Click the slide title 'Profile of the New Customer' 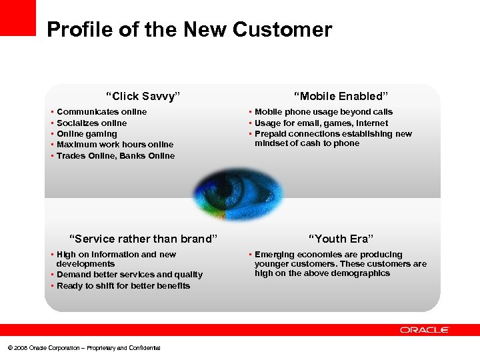(x=189, y=30)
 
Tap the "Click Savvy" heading (x=143, y=96)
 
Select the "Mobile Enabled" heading (x=341, y=96)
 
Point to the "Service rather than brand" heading (x=144, y=239)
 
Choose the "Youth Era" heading (x=341, y=239)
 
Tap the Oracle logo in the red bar (x=425, y=330)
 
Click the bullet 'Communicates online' (x=101, y=112)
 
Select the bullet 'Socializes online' (x=91, y=123)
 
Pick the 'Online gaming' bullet (x=87, y=134)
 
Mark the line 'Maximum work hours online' (x=115, y=145)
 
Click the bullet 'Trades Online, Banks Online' (x=115, y=156)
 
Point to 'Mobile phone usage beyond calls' (x=323, y=112)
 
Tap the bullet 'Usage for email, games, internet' (x=321, y=123)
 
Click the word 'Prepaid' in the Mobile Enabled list (x=271, y=134)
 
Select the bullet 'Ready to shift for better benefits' (x=123, y=286)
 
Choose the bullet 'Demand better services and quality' (x=129, y=275)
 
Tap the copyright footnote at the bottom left (x=83, y=348)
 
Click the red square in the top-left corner (x=17, y=17)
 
